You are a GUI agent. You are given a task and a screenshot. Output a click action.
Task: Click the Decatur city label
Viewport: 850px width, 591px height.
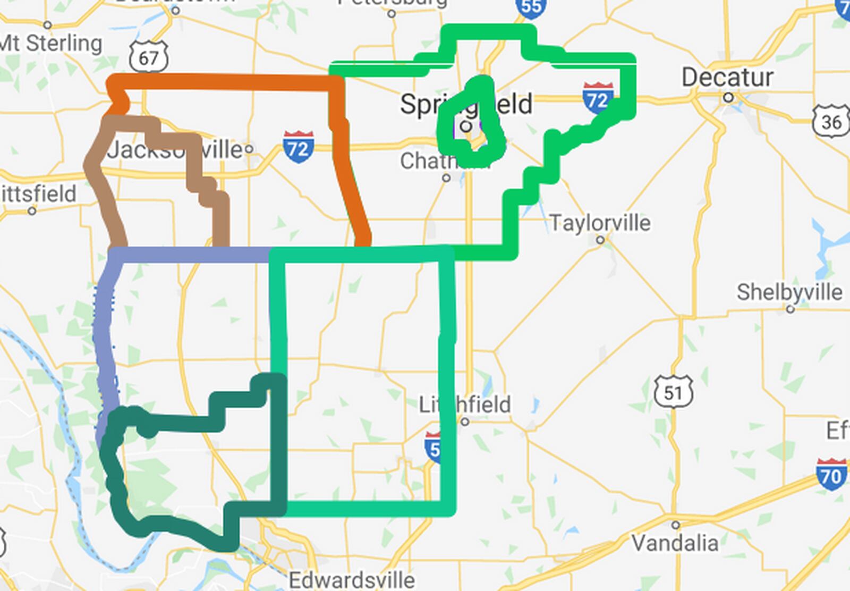727,78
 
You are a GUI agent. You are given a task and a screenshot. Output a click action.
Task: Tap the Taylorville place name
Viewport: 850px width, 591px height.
600,223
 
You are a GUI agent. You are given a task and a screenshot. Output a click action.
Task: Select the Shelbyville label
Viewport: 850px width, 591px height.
789,292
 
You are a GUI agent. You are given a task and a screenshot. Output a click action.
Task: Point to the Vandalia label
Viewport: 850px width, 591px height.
675,543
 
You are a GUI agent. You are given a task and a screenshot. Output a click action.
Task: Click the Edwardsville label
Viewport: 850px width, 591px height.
352,579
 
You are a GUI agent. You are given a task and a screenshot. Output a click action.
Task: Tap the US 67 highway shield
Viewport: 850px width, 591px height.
149,56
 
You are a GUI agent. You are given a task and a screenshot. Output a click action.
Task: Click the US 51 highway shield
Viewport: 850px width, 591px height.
673,392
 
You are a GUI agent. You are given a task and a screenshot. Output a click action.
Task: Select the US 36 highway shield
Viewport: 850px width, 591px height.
831,122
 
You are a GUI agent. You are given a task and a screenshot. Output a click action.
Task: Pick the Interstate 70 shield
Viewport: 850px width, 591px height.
831,475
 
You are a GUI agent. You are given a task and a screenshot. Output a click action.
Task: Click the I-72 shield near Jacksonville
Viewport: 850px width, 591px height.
298,147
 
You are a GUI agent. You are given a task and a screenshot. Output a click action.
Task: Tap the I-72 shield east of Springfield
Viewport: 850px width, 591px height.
598,98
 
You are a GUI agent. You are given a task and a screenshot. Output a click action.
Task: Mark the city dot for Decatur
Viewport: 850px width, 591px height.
728,98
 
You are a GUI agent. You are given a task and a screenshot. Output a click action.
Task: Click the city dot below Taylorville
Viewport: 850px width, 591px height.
600,240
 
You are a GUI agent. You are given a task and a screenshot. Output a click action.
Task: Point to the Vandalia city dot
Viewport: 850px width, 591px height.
675,525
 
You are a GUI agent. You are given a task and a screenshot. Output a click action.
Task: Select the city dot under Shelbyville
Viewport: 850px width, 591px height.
790,309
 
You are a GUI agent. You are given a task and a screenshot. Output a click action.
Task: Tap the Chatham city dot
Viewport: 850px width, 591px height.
446,178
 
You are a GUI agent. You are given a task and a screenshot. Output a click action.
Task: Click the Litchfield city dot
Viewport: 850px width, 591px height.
465,422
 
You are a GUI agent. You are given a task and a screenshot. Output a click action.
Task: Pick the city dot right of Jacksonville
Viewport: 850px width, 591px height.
249,149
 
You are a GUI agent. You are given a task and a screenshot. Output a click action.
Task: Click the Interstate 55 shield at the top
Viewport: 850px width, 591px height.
531,6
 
